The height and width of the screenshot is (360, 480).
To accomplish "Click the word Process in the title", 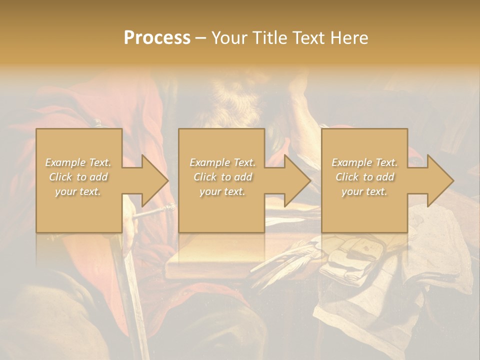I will tap(157, 38).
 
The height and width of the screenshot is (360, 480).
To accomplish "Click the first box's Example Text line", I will tap(78, 162).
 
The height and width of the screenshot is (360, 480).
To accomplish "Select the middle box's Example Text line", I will tap(222, 162).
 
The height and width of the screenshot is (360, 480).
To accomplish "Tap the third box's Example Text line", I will tap(364, 162).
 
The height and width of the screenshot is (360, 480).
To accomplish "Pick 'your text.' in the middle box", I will tap(222, 191).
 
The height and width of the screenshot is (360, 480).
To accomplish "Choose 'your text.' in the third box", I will tap(364, 191).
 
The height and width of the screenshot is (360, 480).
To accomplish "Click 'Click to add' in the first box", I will tap(78, 177).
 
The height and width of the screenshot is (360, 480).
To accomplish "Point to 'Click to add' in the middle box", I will tap(222, 177).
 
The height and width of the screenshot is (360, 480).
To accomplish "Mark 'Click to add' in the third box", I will tap(364, 177).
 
